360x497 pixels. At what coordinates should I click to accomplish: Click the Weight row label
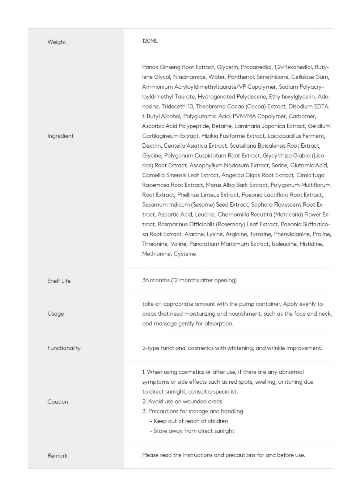pos(57,42)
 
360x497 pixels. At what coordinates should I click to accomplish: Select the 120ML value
pos(150,41)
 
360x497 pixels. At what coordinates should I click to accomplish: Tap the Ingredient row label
pos(60,136)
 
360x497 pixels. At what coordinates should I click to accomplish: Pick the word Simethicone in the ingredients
pos(272,77)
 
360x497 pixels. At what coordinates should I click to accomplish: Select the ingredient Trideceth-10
pos(177,106)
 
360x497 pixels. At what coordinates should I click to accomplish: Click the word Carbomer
pos(302,116)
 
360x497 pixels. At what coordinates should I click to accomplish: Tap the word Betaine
pos(221,126)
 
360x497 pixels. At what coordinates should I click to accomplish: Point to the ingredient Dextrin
pos(151,146)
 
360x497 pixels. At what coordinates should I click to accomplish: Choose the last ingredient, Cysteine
pos(185,254)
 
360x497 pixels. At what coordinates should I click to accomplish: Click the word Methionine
pos(156,254)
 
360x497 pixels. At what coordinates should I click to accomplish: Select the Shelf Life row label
pos(59,281)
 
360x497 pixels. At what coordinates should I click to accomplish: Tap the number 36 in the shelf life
pos(145,280)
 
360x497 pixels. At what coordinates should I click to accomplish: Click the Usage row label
pos(56,313)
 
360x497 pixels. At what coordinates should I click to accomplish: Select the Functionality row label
pos(64,348)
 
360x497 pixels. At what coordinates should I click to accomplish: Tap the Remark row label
pos(58,455)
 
